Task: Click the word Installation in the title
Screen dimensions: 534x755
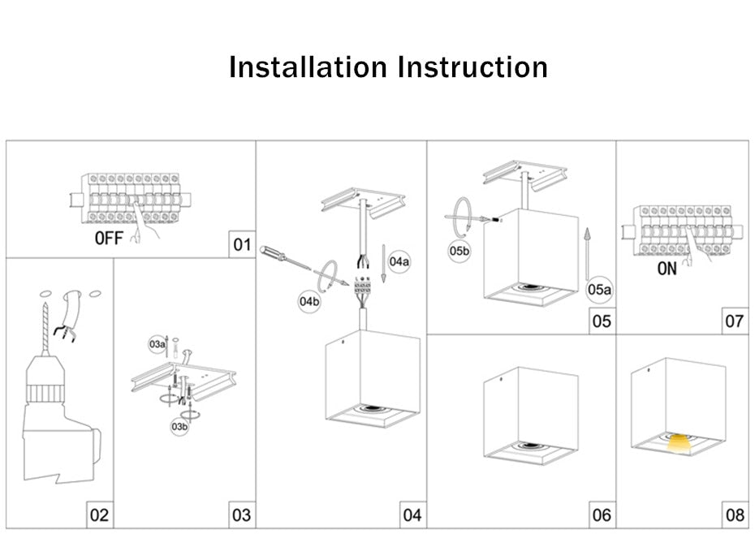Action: (x=308, y=67)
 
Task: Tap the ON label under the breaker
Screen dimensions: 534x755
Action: (x=667, y=269)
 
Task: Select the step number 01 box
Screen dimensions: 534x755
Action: (x=242, y=244)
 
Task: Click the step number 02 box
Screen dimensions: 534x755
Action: (x=98, y=515)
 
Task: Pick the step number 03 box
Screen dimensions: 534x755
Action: (x=242, y=515)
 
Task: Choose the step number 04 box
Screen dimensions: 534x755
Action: (x=412, y=515)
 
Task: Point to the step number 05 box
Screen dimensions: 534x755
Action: (x=601, y=321)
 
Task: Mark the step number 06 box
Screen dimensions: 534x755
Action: (x=601, y=515)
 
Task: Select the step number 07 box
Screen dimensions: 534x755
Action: (x=734, y=321)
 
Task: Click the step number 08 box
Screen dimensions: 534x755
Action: (x=734, y=515)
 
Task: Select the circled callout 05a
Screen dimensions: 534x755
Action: (x=599, y=289)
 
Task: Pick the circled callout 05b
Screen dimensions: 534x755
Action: (x=459, y=251)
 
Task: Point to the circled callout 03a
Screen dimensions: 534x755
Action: (x=157, y=344)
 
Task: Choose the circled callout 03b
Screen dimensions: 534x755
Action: (x=179, y=425)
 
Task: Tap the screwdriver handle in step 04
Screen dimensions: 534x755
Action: (x=274, y=253)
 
